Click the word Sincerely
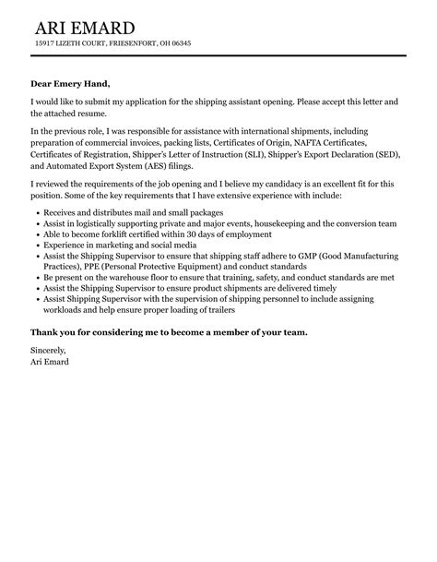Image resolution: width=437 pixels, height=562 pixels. (49, 350)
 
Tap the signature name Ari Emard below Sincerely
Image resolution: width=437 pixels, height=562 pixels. (50, 362)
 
